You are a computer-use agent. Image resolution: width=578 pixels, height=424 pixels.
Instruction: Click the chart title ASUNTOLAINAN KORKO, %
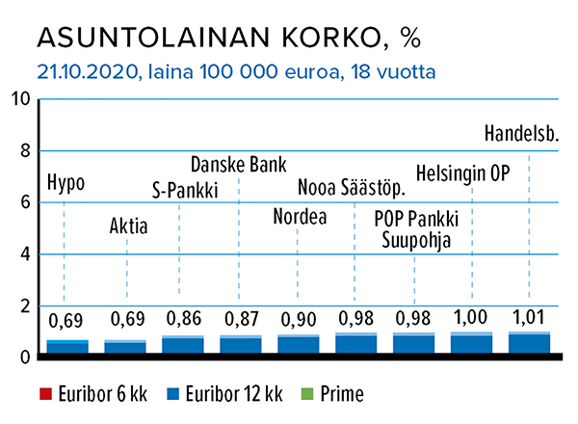[x=229, y=38]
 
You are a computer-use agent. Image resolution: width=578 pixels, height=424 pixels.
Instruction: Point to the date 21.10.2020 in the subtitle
[x=88, y=71]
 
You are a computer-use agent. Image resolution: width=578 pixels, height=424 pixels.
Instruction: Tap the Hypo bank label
[x=66, y=183]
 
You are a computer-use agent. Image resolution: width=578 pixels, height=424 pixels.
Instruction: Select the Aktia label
[x=129, y=225]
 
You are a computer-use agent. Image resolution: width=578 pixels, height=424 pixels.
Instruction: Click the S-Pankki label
[x=185, y=190]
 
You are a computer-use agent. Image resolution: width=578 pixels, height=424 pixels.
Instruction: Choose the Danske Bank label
[x=239, y=165]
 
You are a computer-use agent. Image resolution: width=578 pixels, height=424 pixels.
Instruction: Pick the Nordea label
[x=300, y=217]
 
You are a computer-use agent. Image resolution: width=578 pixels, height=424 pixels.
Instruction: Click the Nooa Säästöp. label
[x=352, y=187]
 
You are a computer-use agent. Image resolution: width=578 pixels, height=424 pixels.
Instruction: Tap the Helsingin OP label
[x=462, y=173]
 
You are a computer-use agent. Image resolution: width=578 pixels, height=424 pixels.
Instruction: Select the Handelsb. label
[x=521, y=134]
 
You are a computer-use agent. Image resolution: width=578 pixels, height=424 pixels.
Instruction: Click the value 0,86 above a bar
[x=184, y=318]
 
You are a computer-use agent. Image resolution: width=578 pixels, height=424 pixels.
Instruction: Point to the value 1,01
[x=529, y=317]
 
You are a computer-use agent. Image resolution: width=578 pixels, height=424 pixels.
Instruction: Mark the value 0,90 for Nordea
[x=299, y=319]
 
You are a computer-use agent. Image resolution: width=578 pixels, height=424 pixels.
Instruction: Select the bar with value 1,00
[x=471, y=342]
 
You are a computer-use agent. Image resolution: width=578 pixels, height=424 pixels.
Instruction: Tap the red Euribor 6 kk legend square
[x=45, y=394]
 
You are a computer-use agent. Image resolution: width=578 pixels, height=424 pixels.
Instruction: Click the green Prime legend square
[x=307, y=394]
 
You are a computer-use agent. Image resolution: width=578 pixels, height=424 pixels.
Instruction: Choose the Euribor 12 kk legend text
[x=234, y=394]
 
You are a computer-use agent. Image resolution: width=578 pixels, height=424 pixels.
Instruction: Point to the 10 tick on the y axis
[x=20, y=99]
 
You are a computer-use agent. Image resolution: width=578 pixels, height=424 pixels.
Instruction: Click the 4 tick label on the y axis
[x=25, y=254]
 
